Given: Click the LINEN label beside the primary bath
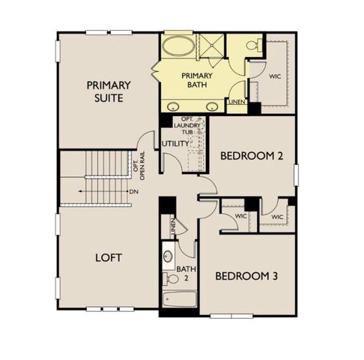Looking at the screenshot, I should pos(237,101).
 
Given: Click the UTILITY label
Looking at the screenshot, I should pos(175,142).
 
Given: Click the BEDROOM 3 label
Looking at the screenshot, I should pos(246,276).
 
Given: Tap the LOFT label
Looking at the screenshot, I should pos(109,257).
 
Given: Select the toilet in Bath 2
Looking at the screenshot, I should pos(173,278).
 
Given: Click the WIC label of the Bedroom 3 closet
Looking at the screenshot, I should pos(240,216).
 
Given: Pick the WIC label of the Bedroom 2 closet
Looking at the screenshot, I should pos(278,216).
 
